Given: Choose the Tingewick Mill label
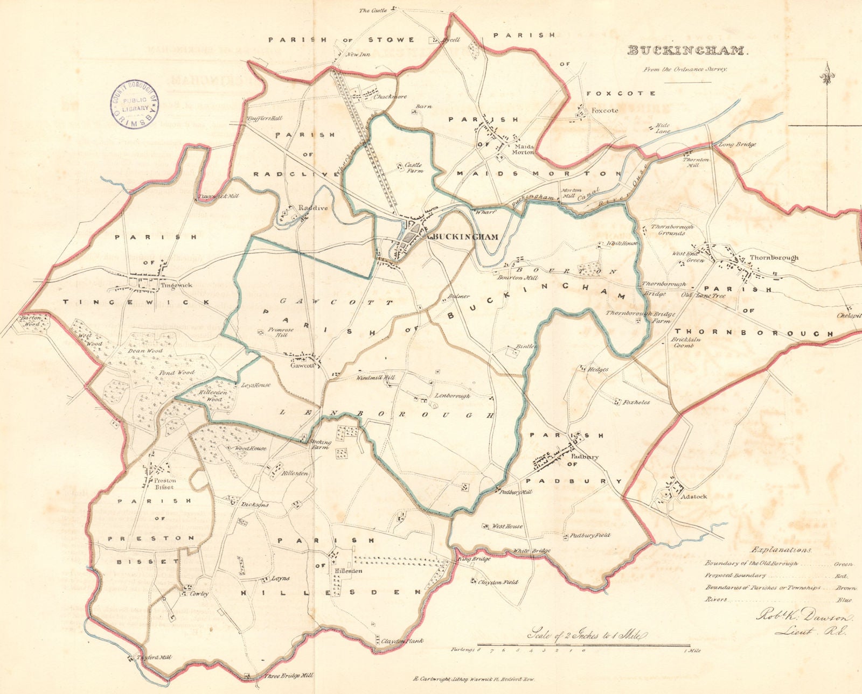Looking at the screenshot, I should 218,198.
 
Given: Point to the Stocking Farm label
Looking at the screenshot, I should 319,444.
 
